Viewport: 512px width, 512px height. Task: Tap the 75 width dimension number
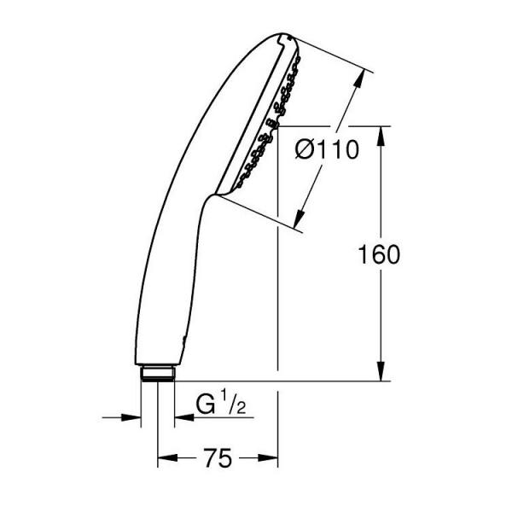[218, 459]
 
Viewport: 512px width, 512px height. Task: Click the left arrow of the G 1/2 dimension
[133, 417]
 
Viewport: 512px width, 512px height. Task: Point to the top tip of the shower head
[286, 37]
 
